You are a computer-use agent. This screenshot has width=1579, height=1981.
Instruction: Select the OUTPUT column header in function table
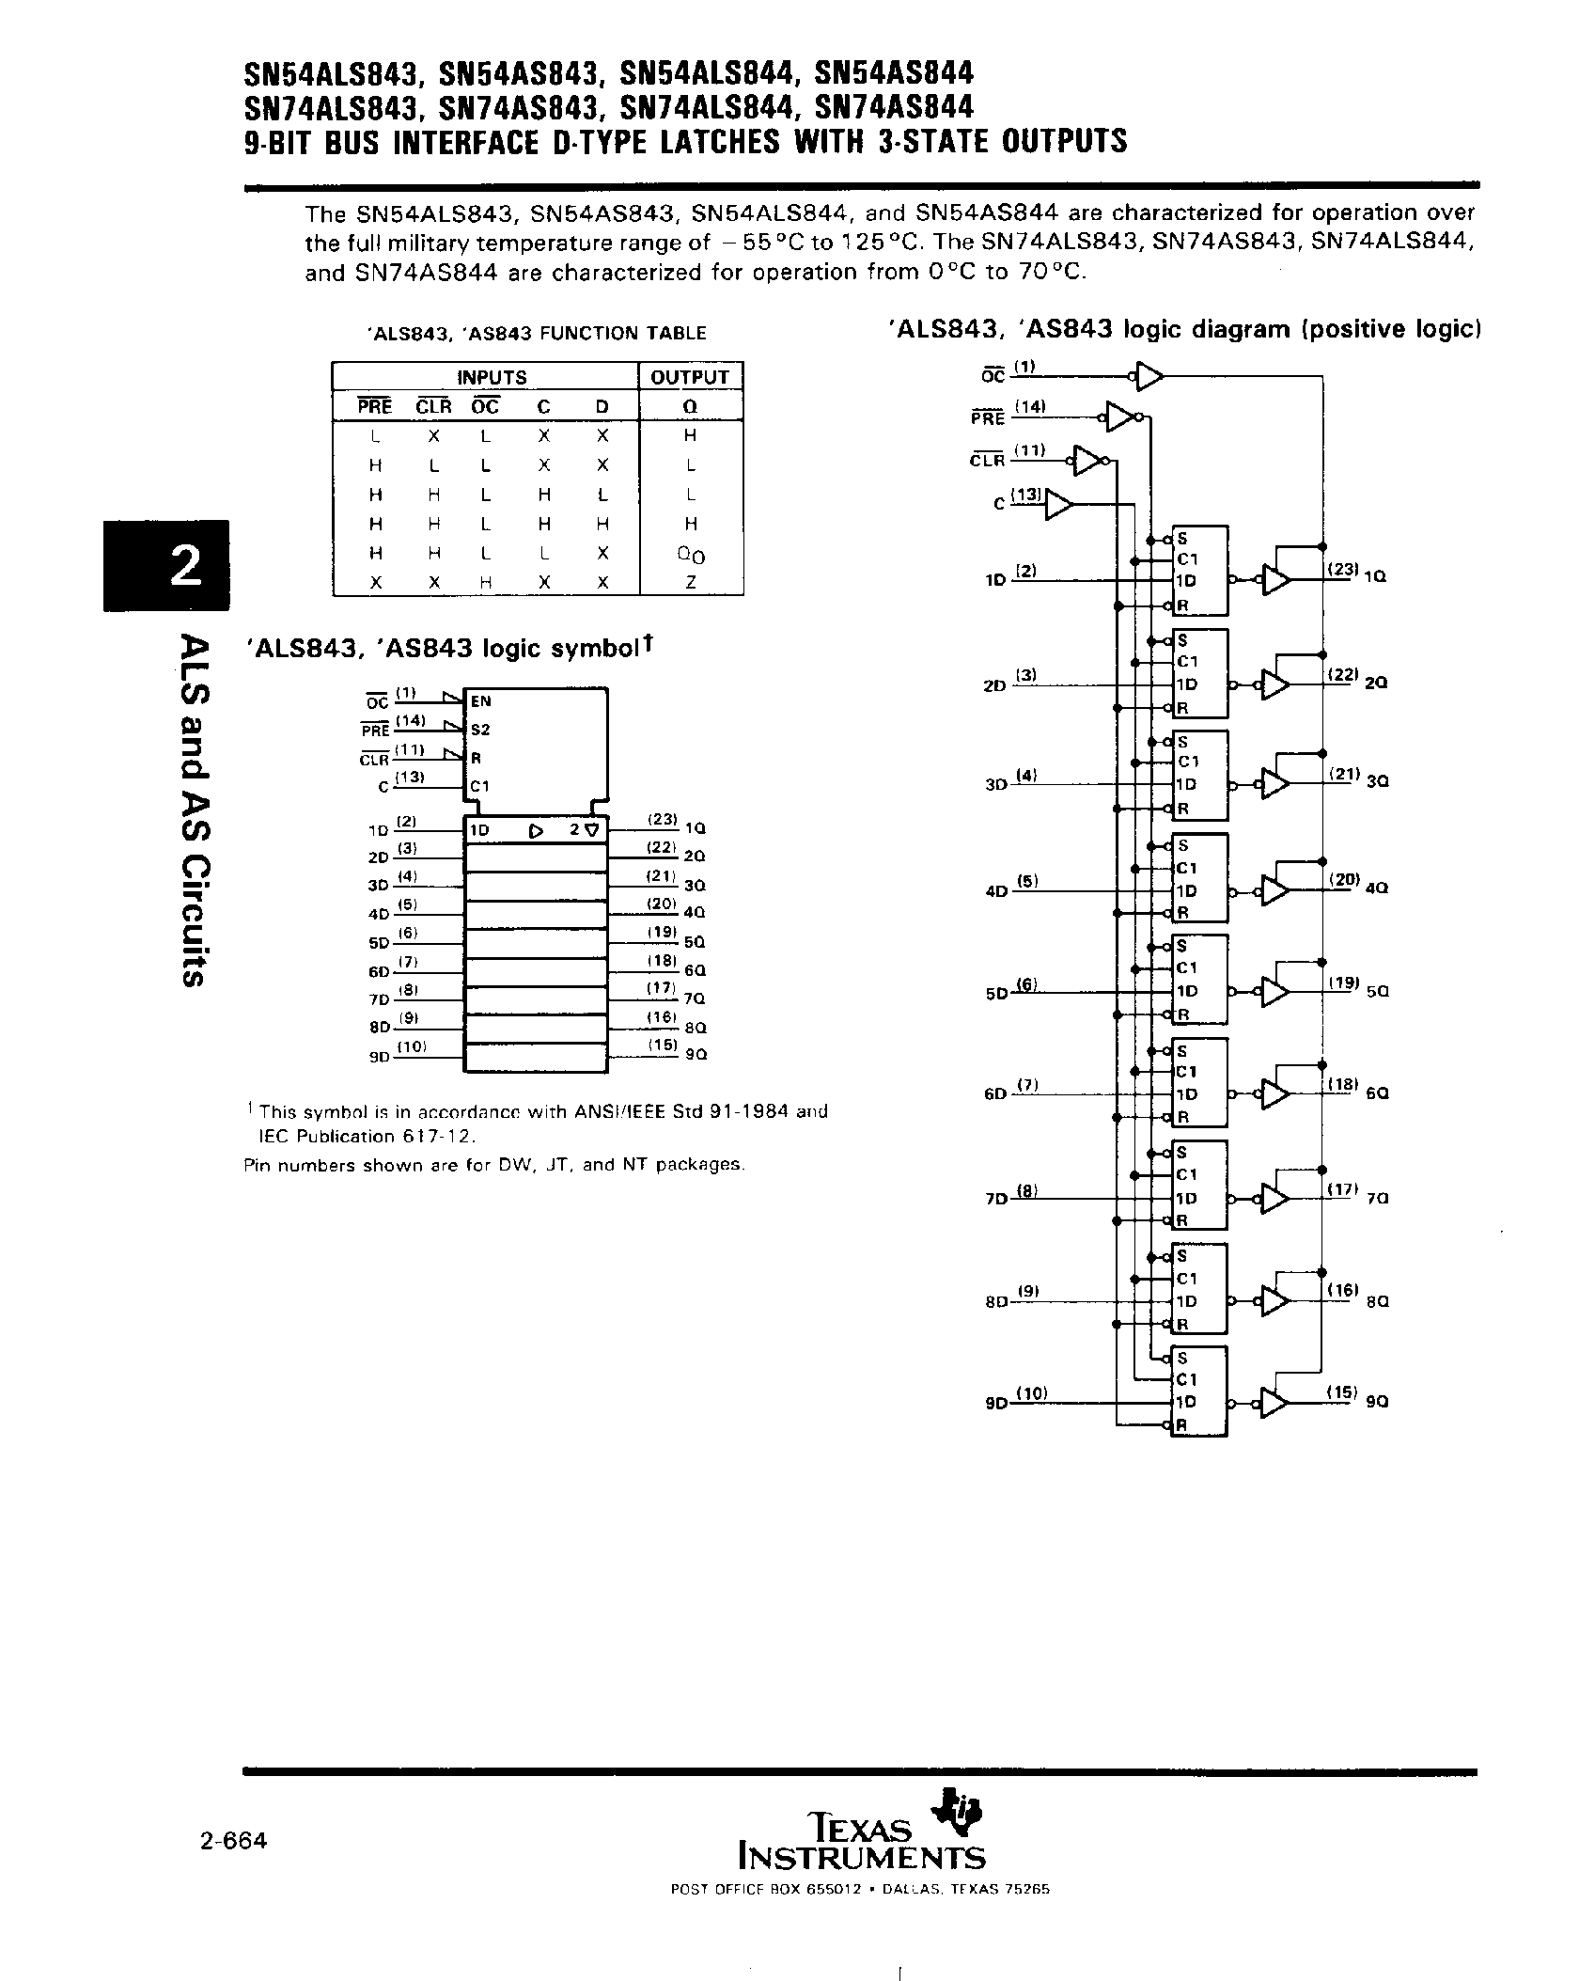click(x=690, y=377)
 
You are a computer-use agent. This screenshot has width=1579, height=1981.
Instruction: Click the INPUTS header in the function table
click(x=492, y=377)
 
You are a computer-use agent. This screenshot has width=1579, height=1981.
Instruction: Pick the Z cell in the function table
click(x=690, y=582)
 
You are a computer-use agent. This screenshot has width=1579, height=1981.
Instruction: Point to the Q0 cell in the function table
click(x=691, y=554)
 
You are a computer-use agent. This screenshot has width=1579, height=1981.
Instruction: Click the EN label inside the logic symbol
click(x=481, y=701)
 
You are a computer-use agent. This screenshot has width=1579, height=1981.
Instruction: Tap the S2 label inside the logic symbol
click(x=480, y=730)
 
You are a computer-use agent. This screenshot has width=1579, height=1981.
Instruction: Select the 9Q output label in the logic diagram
click(x=1378, y=1401)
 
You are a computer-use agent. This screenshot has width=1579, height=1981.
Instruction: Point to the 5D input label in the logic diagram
click(x=995, y=993)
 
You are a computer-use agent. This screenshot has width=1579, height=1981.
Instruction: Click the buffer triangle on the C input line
click(x=1058, y=505)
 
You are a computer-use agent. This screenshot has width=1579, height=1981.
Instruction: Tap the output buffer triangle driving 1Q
click(x=1276, y=580)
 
